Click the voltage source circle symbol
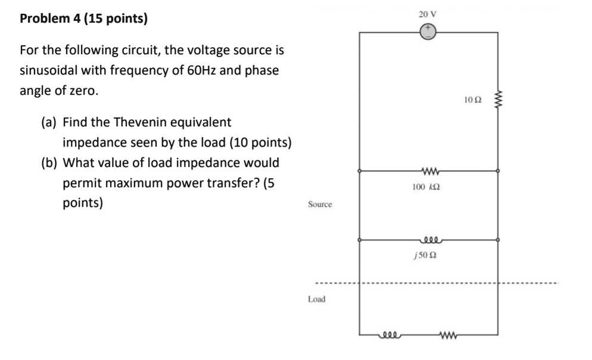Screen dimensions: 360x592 (x=428, y=32)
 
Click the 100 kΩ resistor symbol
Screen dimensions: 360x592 (x=428, y=172)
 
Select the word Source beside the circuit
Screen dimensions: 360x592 (x=320, y=204)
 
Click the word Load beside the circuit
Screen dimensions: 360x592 (x=316, y=299)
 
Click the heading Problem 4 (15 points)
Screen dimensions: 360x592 (x=83, y=18)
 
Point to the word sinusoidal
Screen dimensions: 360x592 (x=49, y=70)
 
